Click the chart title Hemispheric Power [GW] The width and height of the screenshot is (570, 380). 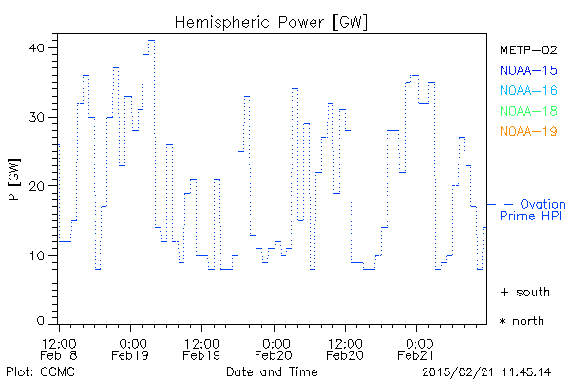258,22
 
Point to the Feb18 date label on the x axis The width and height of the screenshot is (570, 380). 59,355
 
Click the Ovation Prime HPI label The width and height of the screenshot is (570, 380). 532,211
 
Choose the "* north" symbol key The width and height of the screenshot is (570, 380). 522,321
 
